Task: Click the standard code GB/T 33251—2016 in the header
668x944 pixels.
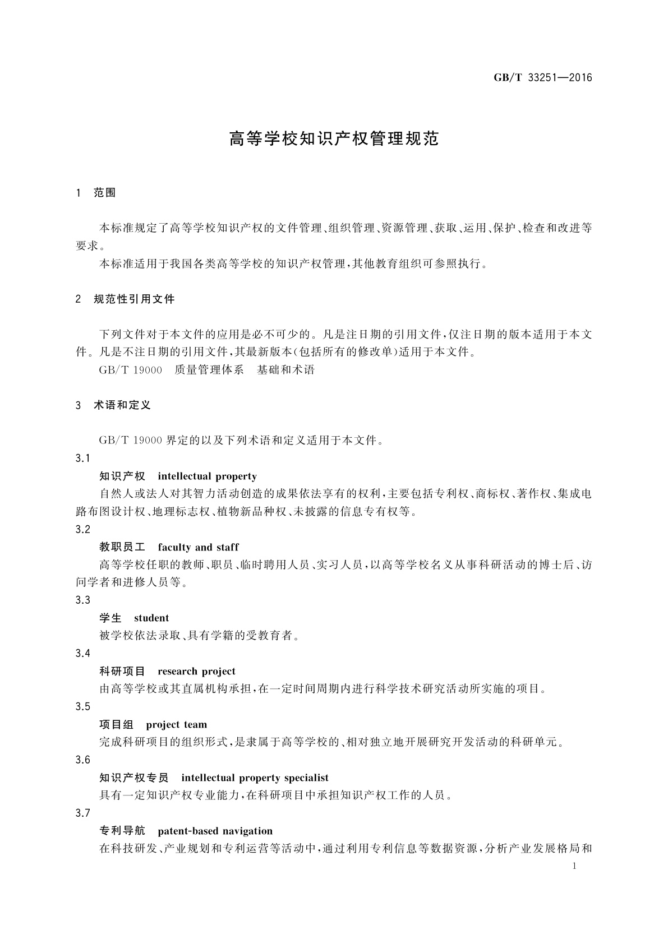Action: (x=542, y=78)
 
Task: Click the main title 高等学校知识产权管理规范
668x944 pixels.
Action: (x=334, y=139)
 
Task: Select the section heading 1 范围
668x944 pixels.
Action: (x=95, y=193)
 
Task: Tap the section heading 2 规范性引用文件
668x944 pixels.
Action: (x=125, y=299)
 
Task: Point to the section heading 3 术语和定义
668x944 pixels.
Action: (x=113, y=405)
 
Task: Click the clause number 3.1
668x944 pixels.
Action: (x=82, y=459)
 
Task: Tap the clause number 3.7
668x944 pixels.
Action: (x=82, y=813)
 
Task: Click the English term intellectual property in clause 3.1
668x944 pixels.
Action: (x=207, y=476)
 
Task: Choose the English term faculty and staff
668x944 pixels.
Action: (x=198, y=547)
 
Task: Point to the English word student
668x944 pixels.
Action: (x=151, y=618)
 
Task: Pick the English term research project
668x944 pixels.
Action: (x=196, y=672)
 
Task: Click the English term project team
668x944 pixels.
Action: (x=176, y=725)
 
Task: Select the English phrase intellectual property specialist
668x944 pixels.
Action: (x=255, y=778)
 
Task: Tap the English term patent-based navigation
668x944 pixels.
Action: (x=215, y=831)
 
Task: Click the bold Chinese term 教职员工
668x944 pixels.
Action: (x=122, y=547)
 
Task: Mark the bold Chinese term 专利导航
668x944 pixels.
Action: (x=122, y=831)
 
